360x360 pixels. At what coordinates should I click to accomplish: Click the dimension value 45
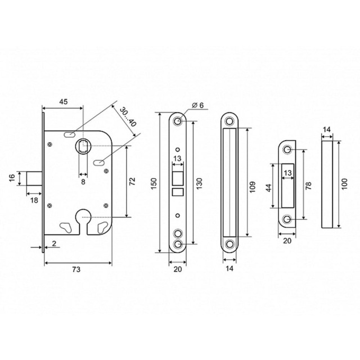tap(64, 101)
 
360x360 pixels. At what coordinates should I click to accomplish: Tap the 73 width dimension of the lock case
tap(76, 269)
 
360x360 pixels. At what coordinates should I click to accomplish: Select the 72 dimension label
tap(133, 181)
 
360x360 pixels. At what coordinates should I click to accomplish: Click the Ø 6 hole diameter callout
tap(197, 105)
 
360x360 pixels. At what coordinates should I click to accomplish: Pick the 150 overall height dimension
tap(154, 183)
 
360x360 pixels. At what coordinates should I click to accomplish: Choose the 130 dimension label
tap(199, 183)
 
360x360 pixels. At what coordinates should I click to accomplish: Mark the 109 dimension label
tap(253, 187)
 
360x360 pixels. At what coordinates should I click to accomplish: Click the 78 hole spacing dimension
tap(309, 186)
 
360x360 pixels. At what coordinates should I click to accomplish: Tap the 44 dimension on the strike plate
tap(269, 187)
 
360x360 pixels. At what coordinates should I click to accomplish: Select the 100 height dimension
tap(345, 183)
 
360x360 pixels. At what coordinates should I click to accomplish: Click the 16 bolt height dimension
tap(12, 178)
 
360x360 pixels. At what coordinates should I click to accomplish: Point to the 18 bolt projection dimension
tap(34, 200)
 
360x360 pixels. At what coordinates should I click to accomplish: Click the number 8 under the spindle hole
tap(83, 182)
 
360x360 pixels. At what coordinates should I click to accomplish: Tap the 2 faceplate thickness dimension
tap(54, 244)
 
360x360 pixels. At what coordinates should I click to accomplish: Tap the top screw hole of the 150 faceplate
tap(177, 121)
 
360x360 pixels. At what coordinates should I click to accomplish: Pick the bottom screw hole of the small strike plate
tap(287, 219)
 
